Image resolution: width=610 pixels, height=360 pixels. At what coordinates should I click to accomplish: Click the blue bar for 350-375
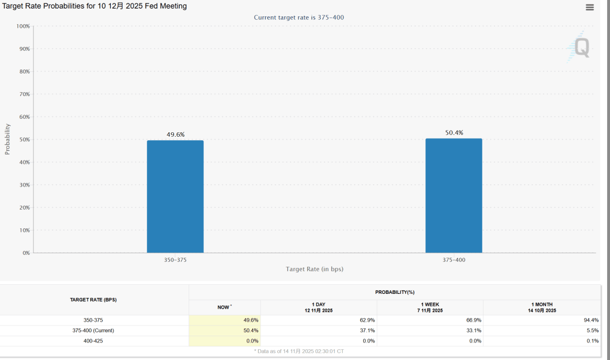[x=175, y=196]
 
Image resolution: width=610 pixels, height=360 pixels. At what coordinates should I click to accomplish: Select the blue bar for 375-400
[x=454, y=195]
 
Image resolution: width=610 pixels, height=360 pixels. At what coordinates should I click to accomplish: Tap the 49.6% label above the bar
[x=175, y=135]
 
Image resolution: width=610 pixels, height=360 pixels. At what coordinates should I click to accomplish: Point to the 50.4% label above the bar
[x=454, y=133]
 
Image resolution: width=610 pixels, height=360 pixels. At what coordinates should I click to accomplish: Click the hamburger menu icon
[x=590, y=7]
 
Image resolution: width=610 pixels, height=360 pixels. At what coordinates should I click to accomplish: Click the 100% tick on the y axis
[x=23, y=27]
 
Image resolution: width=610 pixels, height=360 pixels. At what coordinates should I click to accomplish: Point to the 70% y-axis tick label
[x=23, y=94]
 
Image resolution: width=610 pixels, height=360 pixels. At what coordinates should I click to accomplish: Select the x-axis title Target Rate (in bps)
[x=314, y=269]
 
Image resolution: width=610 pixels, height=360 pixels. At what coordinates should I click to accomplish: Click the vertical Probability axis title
[x=8, y=139]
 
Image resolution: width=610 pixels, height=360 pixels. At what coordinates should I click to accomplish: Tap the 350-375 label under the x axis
[x=175, y=260]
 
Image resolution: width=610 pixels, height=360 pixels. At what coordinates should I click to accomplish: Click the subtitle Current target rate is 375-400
[x=299, y=18]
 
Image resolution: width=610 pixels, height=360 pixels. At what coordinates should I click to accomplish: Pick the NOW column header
[x=224, y=307]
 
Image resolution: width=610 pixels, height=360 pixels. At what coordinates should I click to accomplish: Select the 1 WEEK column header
[x=431, y=307]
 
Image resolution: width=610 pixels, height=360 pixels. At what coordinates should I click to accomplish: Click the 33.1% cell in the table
[x=474, y=331]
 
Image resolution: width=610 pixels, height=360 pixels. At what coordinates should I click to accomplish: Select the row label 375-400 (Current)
[x=93, y=331]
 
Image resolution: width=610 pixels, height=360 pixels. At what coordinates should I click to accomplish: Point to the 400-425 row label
[x=93, y=341]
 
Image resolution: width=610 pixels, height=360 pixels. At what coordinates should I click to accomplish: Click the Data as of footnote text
[x=299, y=352]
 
